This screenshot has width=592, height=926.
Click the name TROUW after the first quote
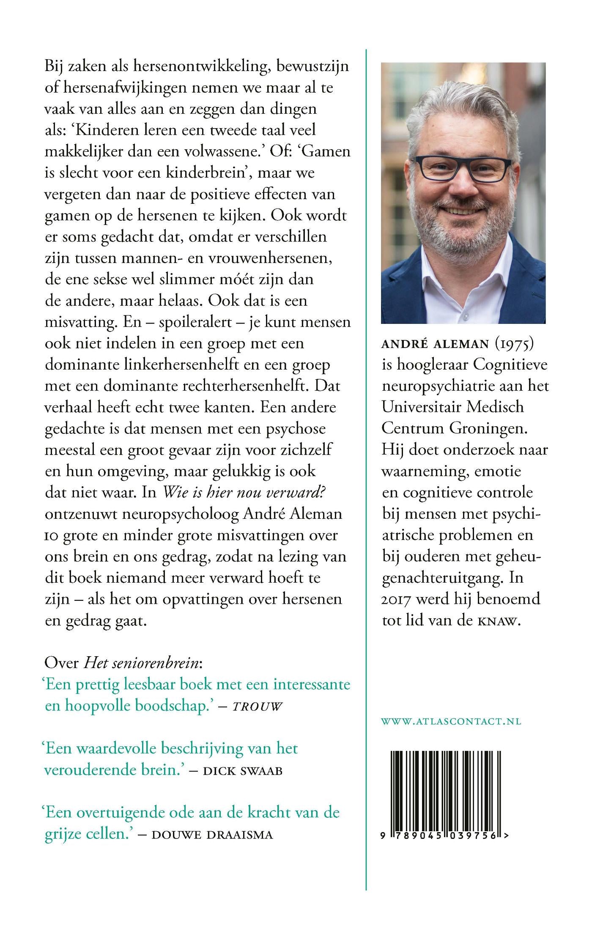pos(257,707)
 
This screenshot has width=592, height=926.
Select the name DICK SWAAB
pos(242,771)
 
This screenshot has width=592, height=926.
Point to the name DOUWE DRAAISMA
pos(212,835)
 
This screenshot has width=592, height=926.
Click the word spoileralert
pos(195,322)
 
